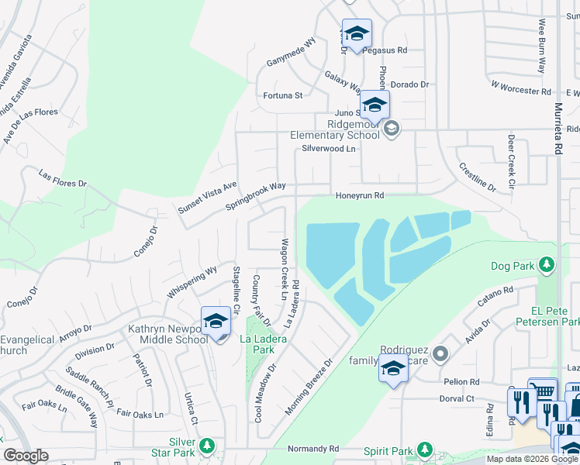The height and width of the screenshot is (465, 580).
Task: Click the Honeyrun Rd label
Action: pos(360,196)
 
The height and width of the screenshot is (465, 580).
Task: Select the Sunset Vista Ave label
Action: pos(208,199)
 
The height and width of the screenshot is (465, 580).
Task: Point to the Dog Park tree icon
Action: pos(547,266)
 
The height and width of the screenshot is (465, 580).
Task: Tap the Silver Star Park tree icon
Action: pos(206,446)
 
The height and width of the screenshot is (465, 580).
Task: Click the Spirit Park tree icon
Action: pos(424,449)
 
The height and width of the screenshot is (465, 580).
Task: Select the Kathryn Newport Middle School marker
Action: pos(216,322)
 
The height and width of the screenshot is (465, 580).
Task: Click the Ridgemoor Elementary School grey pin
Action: pos(392,129)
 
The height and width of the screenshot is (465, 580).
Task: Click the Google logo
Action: pos(26,456)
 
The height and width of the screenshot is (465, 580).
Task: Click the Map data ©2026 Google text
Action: pos(532,459)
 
